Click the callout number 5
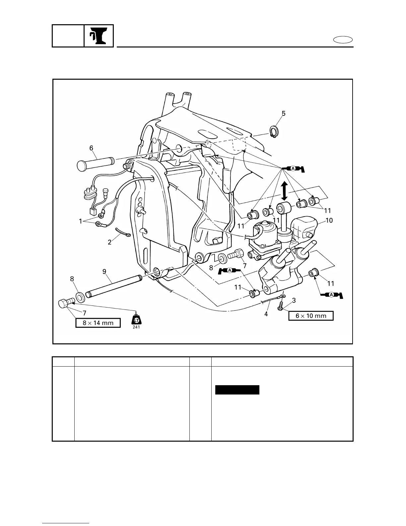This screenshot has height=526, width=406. point(283,114)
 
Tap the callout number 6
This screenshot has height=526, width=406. point(91,148)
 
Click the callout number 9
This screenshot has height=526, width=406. point(104,272)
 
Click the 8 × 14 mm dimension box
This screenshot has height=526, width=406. point(98,323)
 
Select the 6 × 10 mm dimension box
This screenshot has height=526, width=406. point(310,316)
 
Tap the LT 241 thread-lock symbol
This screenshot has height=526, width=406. point(136,321)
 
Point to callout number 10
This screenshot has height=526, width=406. point(329,220)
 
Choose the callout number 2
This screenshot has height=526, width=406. point(110,242)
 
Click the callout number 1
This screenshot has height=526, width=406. point(81,221)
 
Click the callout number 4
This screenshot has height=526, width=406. point(266,313)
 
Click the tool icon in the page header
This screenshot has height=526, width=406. point(99,36)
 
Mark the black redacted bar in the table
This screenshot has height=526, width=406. point(237,390)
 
